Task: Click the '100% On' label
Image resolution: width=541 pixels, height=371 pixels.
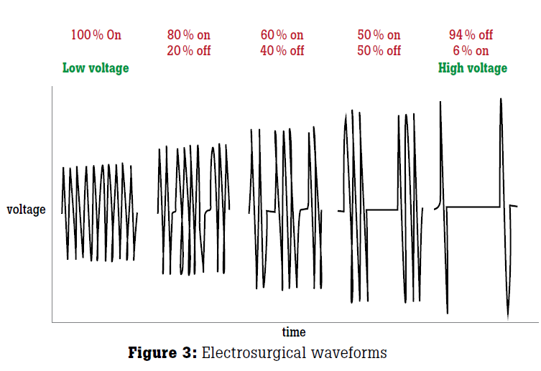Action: [x=96, y=34]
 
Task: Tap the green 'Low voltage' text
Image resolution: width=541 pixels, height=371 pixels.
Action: [x=96, y=68]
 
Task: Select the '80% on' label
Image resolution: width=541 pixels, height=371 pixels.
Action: [x=189, y=34]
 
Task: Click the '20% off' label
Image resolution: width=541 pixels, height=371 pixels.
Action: [x=189, y=51]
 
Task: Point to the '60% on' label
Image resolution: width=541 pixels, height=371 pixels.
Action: [x=282, y=34]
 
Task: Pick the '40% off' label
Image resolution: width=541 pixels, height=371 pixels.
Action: [x=282, y=51]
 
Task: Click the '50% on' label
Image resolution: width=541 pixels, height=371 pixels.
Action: [x=379, y=34]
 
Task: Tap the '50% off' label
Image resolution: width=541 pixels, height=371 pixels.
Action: [x=379, y=51]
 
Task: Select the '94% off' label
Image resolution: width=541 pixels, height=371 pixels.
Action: [x=471, y=34]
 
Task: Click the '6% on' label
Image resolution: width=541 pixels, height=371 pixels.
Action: [x=471, y=51]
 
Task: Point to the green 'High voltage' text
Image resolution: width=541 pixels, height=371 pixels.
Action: [x=472, y=68]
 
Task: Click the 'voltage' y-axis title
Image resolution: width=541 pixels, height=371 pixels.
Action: [x=26, y=210]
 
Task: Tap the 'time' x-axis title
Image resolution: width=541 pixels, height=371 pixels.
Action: [x=294, y=332]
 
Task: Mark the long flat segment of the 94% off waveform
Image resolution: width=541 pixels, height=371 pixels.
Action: [x=473, y=207]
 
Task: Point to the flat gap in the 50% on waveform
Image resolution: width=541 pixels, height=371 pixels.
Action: [x=382, y=210]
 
